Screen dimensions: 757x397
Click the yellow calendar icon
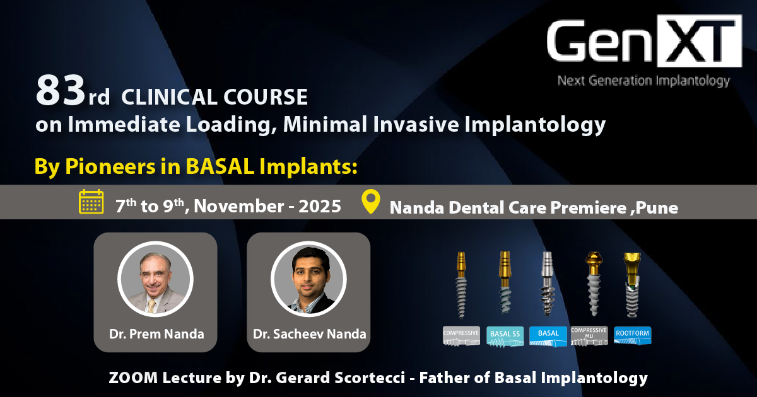(x=91, y=202)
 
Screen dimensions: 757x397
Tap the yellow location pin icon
(x=371, y=202)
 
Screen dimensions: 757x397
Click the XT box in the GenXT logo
(x=699, y=41)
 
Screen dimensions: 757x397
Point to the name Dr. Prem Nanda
(x=156, y=334)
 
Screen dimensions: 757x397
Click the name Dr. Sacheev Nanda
(x=309, y=334)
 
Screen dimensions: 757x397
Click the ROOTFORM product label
(x=632, y=335)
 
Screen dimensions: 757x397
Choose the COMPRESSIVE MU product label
(x=589, y=335)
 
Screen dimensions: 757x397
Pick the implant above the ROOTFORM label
(x=632, y=285)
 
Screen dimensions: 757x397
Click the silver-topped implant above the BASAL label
(x=547, y=284)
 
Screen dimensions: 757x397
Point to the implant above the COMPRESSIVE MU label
(x=594, y=284)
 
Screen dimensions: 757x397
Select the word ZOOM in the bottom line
(x=133, y=377)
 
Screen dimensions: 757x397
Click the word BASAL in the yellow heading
(x=220, y=166)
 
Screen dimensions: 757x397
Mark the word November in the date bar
(x=238, y=206)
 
